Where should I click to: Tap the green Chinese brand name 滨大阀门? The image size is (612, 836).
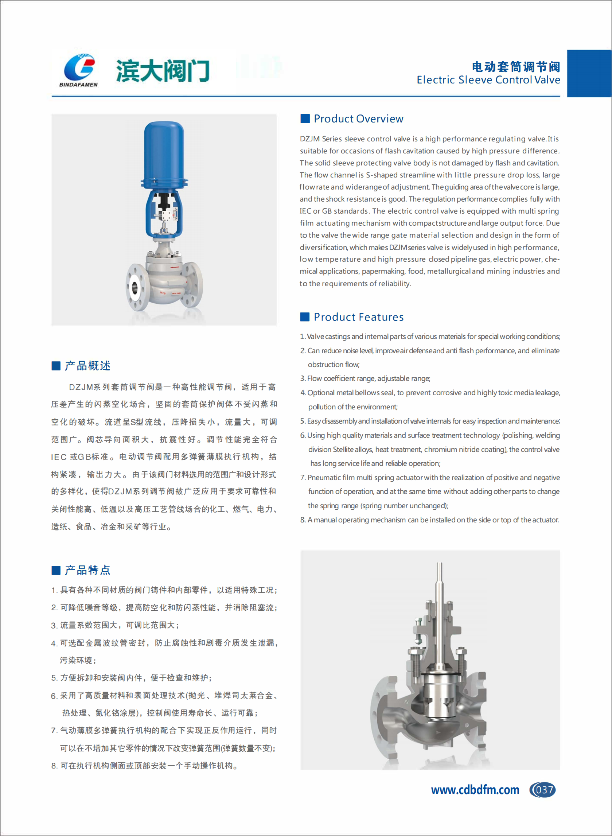point(163,70)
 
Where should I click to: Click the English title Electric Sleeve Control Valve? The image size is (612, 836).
point(488,80)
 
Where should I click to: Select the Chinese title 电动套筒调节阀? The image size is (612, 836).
point(516,67)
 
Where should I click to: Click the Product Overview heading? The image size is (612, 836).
point(358,118)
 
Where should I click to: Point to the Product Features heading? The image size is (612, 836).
point(358,317)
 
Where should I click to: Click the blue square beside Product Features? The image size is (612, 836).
point(305,317)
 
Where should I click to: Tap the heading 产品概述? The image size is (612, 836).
point(87,366)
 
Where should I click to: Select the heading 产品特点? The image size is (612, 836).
point(87,570)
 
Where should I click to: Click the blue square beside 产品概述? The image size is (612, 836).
point(56,366)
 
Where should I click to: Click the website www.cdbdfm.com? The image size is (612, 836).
point(475,790)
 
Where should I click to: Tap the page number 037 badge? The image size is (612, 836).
point(543,790)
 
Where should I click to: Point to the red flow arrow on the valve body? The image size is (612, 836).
point(174,267)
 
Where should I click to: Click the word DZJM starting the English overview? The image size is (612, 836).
point(310,139)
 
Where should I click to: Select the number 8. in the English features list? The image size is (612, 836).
point(303,520)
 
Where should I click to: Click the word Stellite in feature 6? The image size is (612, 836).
point(343,450)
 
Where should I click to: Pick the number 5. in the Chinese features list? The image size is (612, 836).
point(54,678)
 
